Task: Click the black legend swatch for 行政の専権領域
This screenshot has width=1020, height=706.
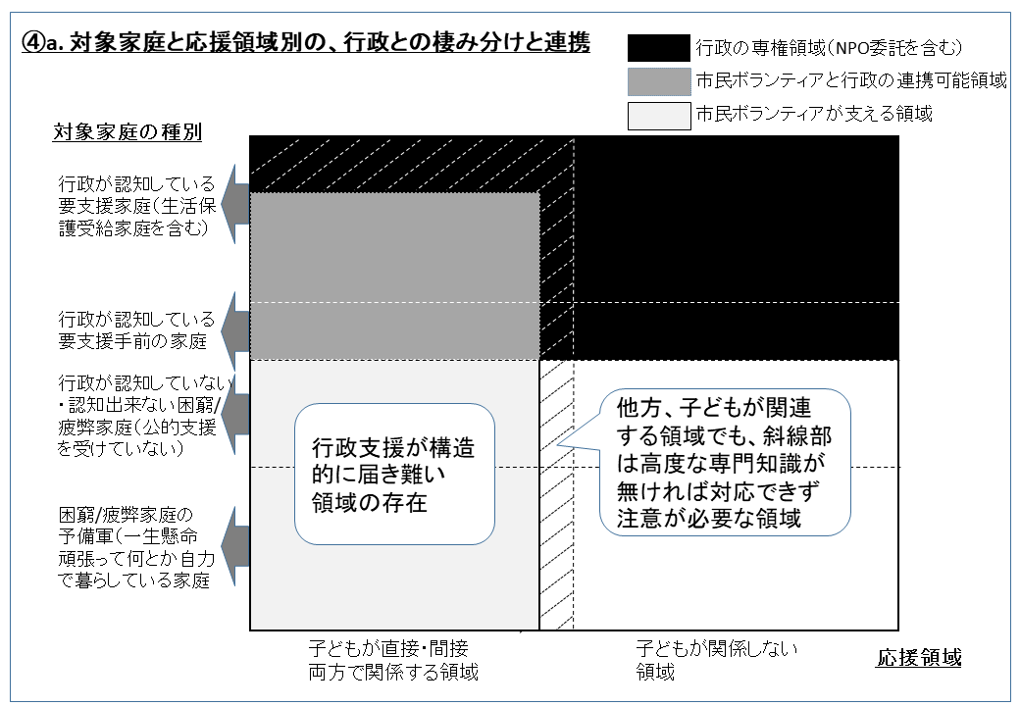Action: tap(658, 48)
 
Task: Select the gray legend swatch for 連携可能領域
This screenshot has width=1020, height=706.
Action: tap(658, 82)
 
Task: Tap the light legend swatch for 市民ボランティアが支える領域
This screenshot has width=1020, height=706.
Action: tap(658, 116)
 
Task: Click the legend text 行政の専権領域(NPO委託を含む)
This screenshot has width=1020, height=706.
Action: tap(829, 47)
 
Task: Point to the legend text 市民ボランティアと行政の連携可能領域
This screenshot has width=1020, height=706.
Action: tap(851, 80)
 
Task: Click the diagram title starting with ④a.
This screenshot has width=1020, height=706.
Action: tap(306, 42)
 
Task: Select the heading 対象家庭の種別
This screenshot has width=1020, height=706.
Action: tap(127, 132)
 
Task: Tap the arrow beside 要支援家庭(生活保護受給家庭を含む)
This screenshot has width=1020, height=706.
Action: tap(234, 204)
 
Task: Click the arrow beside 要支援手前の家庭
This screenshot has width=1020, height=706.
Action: tap(234, 330)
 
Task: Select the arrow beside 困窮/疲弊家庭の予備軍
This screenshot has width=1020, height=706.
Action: tap(234, 547)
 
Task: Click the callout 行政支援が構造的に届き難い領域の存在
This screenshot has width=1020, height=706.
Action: tap(394, 475)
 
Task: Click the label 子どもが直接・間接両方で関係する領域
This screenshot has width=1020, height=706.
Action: tap(393, 659)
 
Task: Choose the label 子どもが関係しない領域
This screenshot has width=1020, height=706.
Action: tap(716, 659)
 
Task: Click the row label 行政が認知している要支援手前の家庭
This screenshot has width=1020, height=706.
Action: tap(136, 329)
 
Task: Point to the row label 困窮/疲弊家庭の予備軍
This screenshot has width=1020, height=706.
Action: tap(136, 547)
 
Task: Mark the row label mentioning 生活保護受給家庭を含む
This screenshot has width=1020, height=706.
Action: tap(136, 206)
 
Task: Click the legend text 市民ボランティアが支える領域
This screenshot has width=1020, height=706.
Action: tap(814, 114)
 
